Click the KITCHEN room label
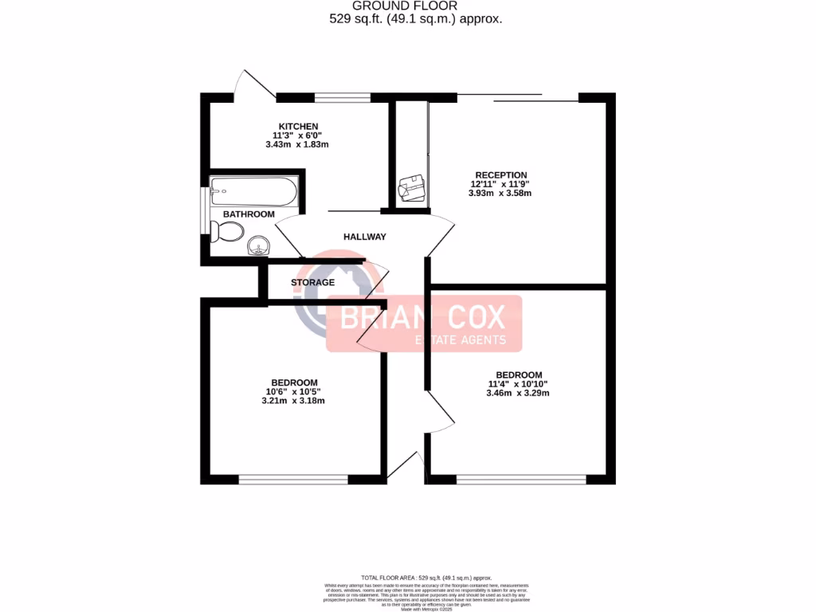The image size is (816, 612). pos(298,126)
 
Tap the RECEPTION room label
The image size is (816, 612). pos(500,175)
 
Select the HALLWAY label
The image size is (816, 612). pos(365,237)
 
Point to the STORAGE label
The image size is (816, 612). pos(312,282)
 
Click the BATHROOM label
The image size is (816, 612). pos(249,214)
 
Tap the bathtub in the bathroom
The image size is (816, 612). pos(253,192)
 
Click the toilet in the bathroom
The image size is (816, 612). pos(228,232)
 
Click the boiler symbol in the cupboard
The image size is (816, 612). pos(412,190)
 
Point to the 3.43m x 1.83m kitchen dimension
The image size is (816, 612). pos(297,145)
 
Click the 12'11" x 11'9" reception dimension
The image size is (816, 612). pos(500,184)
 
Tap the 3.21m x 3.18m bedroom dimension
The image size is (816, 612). pos(293,401)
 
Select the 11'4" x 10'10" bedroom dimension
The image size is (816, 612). pos(518,384)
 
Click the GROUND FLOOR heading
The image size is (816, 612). pos(416,6)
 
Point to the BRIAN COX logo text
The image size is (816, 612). pos(423,318)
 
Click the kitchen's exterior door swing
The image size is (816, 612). pos(257,83)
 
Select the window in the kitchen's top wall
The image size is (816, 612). pos(342,98)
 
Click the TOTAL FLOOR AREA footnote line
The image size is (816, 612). pos(426,577)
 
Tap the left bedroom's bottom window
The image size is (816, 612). pos(293,480)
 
